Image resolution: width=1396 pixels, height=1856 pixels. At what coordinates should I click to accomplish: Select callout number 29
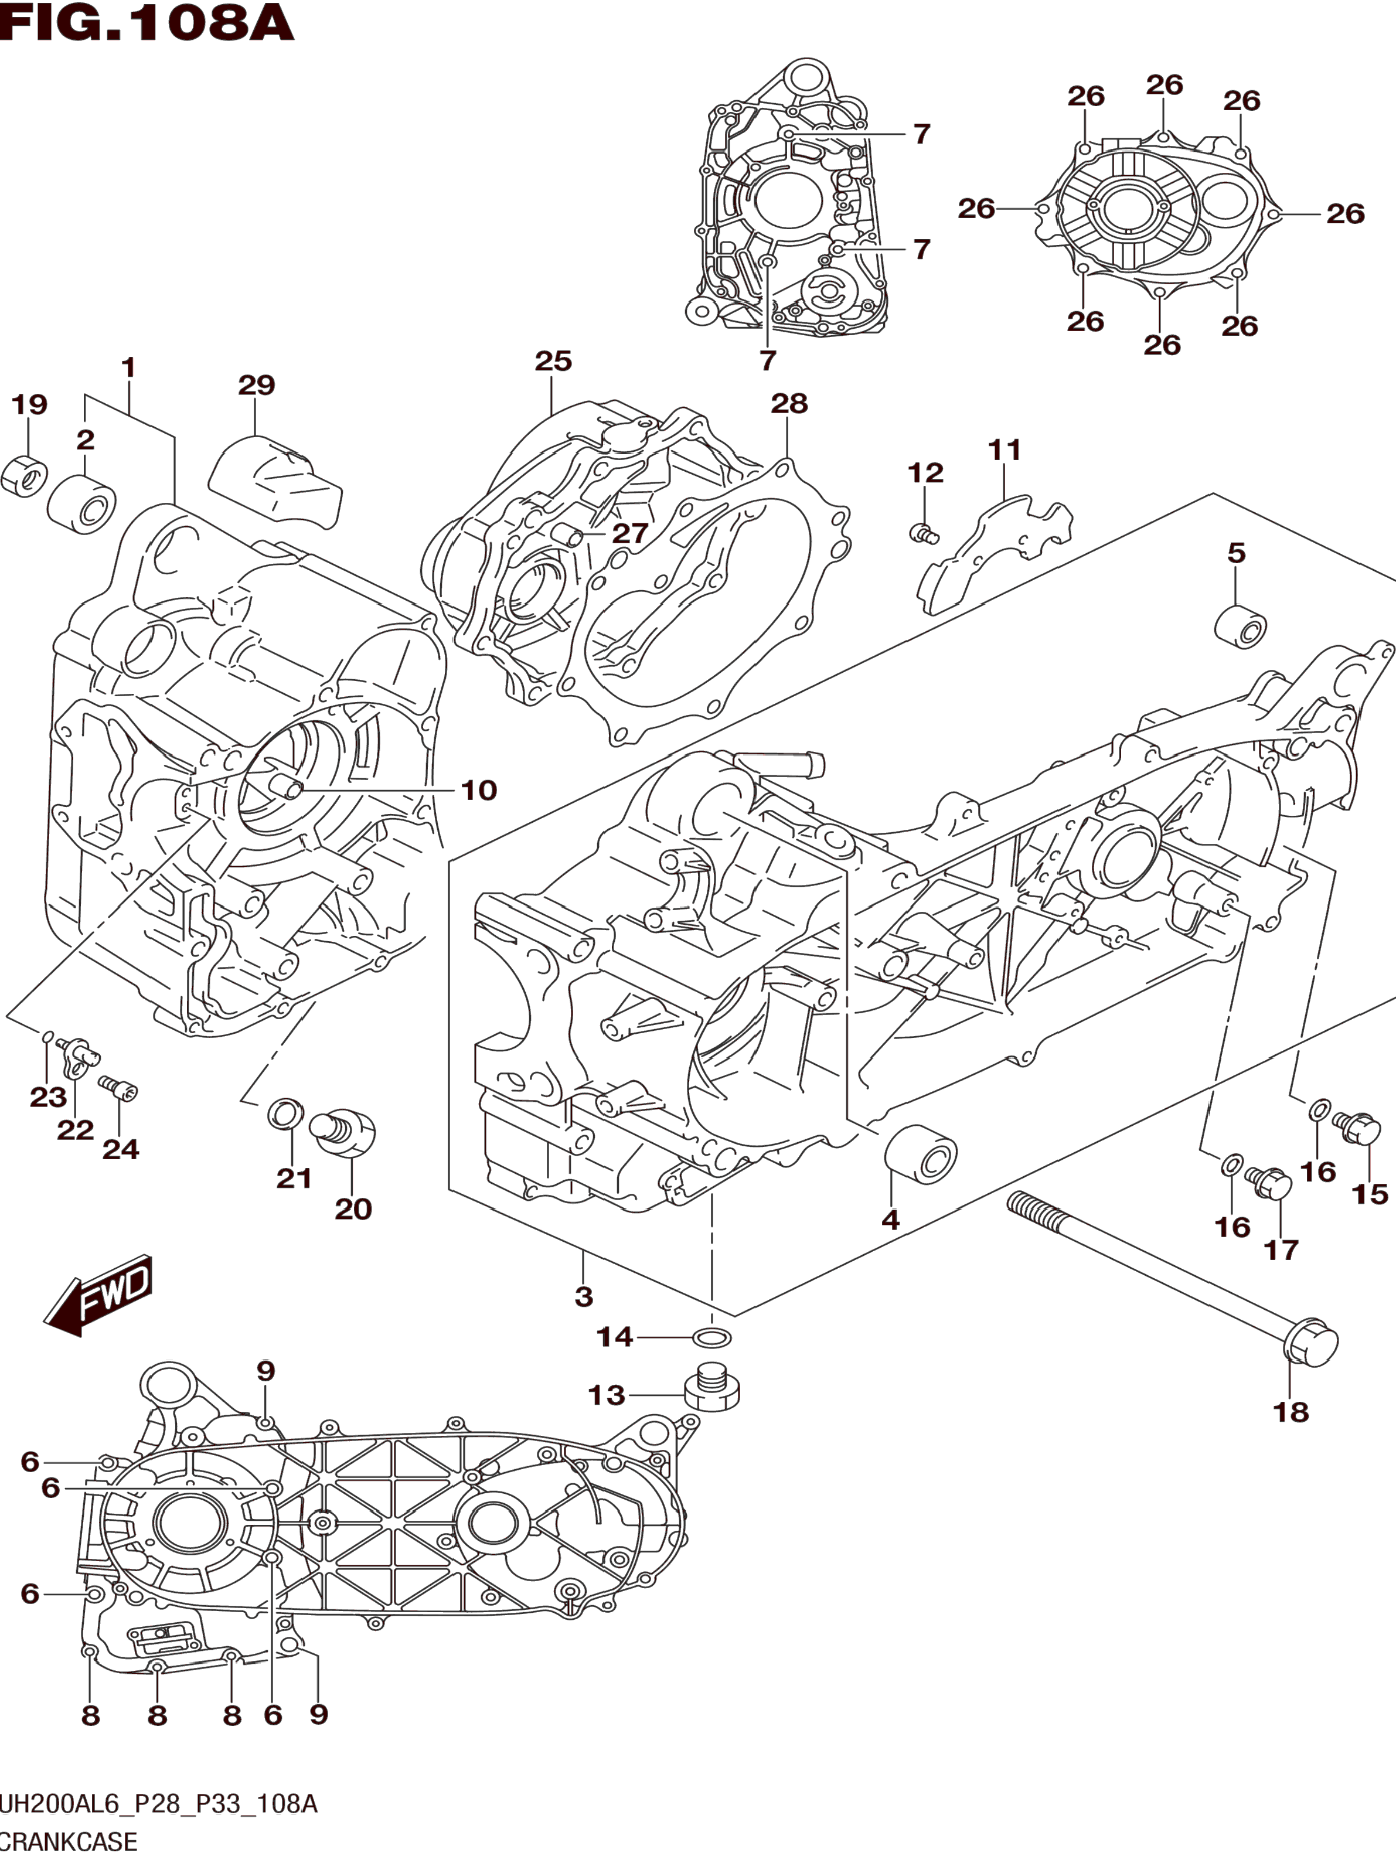tap(256, 385)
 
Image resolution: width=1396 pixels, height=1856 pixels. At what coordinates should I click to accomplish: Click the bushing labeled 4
tap(921, 1155)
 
